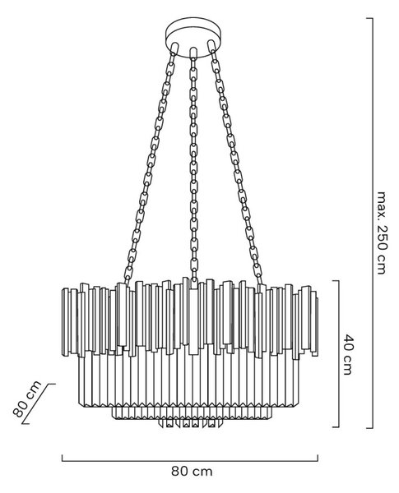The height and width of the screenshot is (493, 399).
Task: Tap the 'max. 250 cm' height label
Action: [381, 233]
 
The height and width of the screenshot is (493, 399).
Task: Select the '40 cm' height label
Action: [348, 355]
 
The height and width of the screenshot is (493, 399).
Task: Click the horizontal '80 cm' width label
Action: [192, 472]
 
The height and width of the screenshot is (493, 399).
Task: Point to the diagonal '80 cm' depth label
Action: [27, 399]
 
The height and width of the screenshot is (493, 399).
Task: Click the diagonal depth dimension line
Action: [39, 403]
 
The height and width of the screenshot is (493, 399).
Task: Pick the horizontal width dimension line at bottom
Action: [190, 461]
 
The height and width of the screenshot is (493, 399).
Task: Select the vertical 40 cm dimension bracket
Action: [339, 354]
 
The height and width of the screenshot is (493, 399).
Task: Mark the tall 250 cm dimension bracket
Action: [373, 223]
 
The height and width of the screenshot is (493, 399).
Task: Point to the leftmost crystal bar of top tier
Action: [66, 321]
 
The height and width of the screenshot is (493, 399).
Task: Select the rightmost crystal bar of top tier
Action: [314, 324]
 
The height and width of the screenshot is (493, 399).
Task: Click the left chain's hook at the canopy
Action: [174, 47]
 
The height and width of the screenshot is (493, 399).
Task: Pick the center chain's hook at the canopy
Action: [193, 53]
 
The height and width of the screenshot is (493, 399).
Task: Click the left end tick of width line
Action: [62, 458]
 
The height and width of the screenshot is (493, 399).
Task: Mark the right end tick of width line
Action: [318, 458]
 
